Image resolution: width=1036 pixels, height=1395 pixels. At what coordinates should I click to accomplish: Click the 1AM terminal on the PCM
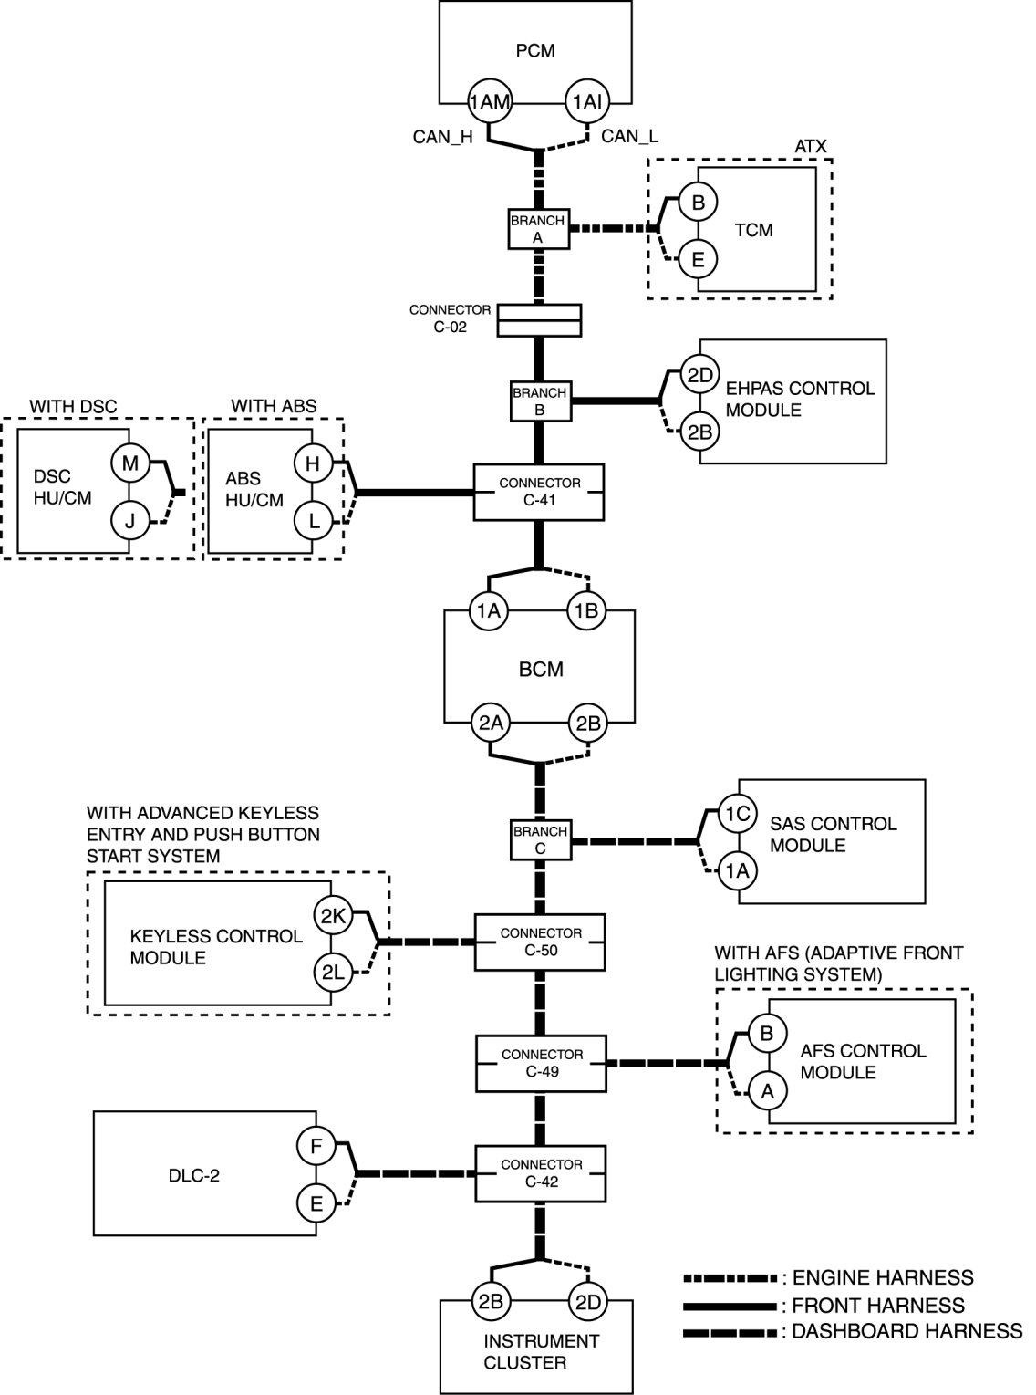pos(489,102)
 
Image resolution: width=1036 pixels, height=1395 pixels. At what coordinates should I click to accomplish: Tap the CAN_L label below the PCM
pos(629,137)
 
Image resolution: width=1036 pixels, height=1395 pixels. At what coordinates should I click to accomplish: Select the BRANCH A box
pos(538,228)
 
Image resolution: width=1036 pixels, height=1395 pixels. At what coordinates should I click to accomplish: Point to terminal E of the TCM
pos(699,259)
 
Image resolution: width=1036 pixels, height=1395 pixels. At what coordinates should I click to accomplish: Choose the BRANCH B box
pos(539,401)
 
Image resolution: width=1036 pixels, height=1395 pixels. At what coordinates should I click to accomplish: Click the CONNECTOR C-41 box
pos(540,492)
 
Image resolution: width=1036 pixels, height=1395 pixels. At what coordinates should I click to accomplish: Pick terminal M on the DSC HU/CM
pos(130,463)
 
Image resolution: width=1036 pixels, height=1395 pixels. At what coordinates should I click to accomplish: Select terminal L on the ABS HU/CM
pos(313,521)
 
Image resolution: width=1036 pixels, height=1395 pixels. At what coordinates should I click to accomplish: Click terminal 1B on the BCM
pos(587,611)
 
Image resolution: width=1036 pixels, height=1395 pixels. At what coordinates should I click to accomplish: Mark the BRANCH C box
pos(540,839)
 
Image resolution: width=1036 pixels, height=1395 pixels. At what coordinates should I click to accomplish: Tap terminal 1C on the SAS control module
pos(737,813)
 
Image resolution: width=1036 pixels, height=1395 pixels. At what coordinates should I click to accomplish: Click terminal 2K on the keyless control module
pos(332,916)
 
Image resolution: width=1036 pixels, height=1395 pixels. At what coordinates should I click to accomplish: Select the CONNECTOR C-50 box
pos(541,942)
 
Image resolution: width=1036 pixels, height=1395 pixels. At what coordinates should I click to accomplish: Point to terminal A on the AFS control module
pos(768,1090)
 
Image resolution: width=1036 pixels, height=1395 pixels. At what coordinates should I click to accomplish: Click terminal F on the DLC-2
pos(316,1146)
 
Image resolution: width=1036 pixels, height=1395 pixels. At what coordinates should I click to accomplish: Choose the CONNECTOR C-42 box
pos(541,1173)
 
